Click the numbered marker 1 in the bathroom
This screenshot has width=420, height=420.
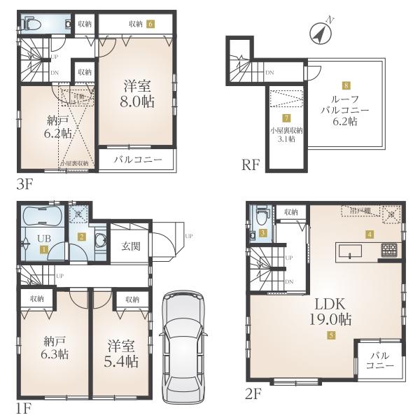43,248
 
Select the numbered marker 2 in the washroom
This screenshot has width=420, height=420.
82,237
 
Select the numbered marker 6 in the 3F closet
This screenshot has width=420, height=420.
150,23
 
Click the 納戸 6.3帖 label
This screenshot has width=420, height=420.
53,349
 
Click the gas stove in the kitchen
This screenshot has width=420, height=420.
389,249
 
